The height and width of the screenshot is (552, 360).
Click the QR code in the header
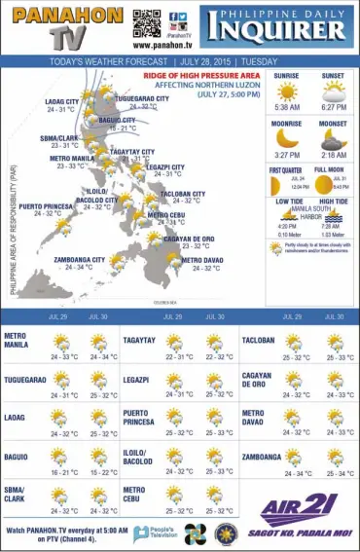pyautogui.click(x=146, y=22)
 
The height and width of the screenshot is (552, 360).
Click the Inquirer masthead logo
pyautogui.click(x=277, y=26)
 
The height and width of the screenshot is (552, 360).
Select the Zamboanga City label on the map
pyautogui.click(x=79, y=260)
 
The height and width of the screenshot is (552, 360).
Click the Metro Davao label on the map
pyautogui.click(x=200, y=260)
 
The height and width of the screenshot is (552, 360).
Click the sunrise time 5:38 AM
pyautogui.click(x=287, y=107)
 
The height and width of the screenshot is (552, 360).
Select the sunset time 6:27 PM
pyautogui.click(x=333, y=107)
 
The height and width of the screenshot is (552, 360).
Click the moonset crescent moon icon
pyautogui.click(x=333, y=137)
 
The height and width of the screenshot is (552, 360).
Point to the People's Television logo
pyautogui.click(x=153, y=533)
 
